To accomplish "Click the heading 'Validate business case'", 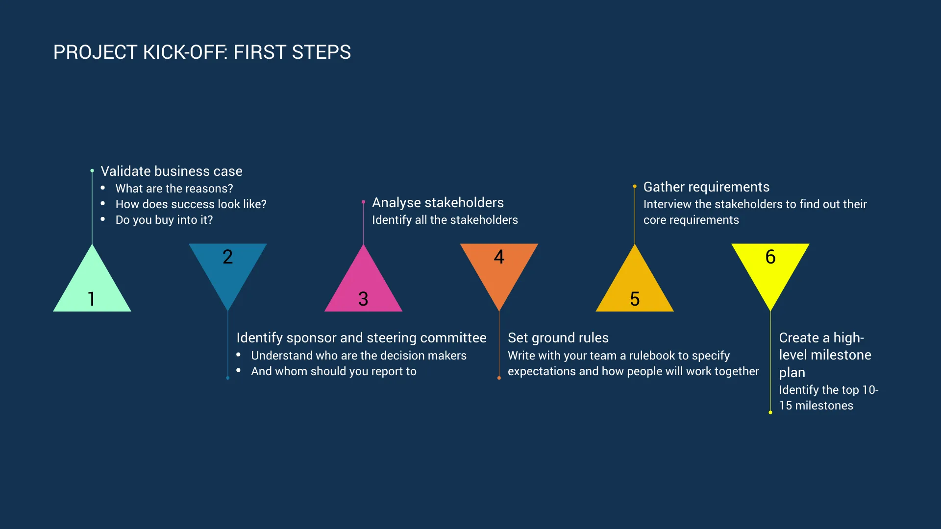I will pos(172,171).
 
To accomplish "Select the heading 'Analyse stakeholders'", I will pos(438,203).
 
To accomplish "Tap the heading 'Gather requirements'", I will pos(706,187).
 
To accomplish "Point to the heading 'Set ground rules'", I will pos(558,338).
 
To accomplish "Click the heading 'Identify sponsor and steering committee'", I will pos(361,338).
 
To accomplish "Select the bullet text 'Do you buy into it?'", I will pos(164,220).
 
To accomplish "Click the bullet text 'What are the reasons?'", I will pos(174,189).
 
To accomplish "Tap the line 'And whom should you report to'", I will pos(334,371).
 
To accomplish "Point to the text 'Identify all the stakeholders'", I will pos(445,220).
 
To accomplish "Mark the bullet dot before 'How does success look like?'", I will pos(103,203).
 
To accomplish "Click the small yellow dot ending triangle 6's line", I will pos(770,412).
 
